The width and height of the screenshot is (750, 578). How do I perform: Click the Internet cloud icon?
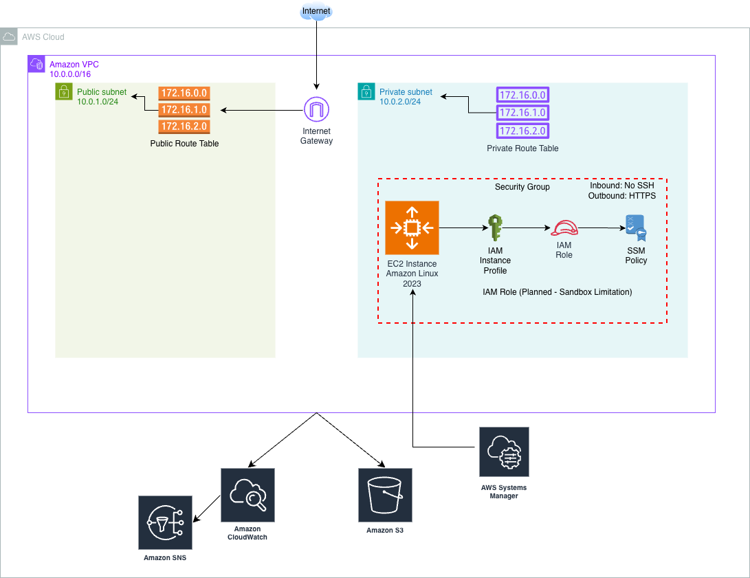tap(316, 11)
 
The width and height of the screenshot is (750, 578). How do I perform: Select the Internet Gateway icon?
tap(316, 109)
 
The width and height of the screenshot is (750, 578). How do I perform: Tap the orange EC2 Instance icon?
tap(412, 227)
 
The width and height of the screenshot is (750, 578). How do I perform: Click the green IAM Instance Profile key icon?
tap(495, 227)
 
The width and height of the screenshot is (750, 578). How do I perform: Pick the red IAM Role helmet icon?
tap(564, 228)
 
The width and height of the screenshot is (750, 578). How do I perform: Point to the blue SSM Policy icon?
tap(636, 228)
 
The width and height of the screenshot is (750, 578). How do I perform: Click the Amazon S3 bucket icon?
tap(385, 496)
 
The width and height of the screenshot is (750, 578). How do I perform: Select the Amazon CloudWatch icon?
tap(247, 495)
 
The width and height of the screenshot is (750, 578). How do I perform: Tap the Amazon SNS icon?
tap(165, 522)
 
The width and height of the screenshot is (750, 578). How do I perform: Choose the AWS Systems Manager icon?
tap(504, 452)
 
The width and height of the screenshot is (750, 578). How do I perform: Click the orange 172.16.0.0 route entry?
tap(184, 93)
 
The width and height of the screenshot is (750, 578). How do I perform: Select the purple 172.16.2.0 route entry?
tap(522, 131)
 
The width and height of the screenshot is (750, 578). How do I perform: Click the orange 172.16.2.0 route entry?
tap(184, 126)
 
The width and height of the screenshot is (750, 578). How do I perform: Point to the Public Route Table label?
tap(184, 144)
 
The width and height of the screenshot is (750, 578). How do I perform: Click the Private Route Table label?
tap(522, 148)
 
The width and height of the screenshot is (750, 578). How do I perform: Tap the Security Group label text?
tap(522, 187)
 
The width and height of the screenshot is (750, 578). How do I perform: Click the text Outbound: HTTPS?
tap(622, 196)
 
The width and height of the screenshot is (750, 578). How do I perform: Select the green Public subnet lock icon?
tap(64, 91)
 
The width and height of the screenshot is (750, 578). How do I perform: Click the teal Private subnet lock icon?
tap(366, 91)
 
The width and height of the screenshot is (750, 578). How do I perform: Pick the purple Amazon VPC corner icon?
tap(36, 64)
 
